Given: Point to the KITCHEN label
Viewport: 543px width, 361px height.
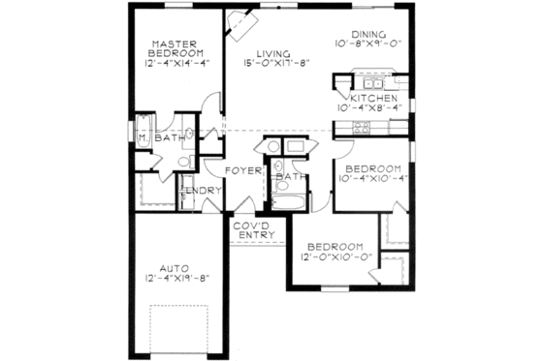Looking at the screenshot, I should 373,100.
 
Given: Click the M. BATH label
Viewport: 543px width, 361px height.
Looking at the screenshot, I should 162,138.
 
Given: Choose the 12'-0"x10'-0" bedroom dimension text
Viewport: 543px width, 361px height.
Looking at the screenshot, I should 332,257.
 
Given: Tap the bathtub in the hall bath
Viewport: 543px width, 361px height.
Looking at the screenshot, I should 289,200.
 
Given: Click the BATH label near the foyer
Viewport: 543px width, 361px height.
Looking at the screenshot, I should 290,178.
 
